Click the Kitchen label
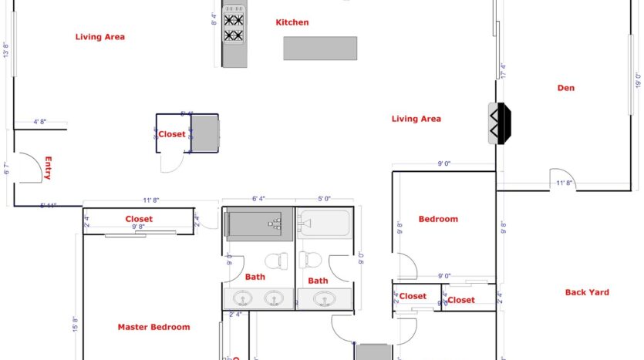pyautogui.click(x=292, y=22)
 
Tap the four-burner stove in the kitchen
pyautogui.click(x=234, y=28)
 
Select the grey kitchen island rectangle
pyautogui.click(x=320, y=49)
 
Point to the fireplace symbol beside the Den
pyautogui.click(x=499, y=123)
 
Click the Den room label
pyautogui.click(x=565, y=88)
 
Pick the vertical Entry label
pyautogui.click(x=47, y=168)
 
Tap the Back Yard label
pyautogui.click(x=587, y=292)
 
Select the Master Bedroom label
pyautogui.click(x=153, y=327)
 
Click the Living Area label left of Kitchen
pyautogui.click(x=100, y=36)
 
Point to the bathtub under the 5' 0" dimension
pyautogui.click(x=325, y=224)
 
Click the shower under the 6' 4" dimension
pyautogui.click(x=258, y=224)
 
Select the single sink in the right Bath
pyautogui.click(x=324, y=299)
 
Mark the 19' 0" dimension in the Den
pyautogui.click(x=637, y=81)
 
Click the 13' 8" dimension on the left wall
pyautogui.click(x=5, y=50)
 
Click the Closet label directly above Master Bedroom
pyautogui.click(x=139, y=219)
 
